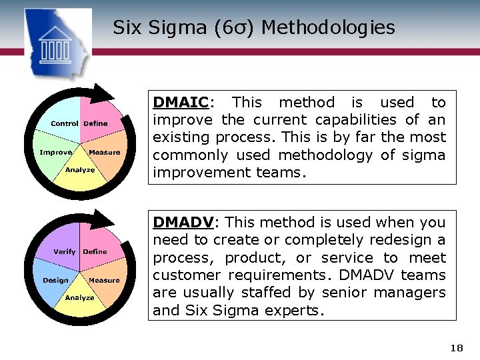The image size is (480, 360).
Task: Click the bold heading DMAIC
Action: [181, 103]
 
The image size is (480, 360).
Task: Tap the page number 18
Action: [456, 348]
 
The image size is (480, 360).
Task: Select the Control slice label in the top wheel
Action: [65, 123]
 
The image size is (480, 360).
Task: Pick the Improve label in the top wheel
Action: [55, 152]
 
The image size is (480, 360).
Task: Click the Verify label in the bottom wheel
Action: [65, 251]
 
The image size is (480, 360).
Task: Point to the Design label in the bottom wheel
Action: [55, 280]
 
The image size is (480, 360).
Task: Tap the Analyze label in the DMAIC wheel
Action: [80, 169]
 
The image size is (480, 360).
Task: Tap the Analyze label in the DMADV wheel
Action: [80, 297]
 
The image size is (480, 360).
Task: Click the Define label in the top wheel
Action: [95, 123]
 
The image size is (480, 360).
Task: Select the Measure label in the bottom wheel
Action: [105, 280]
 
